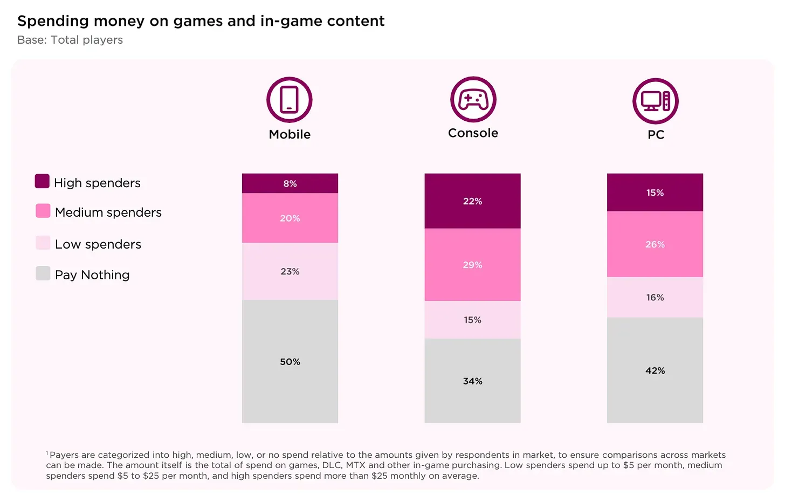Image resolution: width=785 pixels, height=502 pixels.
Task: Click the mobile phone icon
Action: pos(290,100)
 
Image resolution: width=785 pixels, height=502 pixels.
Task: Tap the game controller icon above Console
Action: pos(473,100)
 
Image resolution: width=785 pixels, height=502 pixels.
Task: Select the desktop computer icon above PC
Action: pos(655,101)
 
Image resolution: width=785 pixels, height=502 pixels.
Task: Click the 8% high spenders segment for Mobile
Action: pos(290,183)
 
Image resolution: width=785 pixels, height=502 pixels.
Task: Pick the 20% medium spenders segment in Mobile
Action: pos(290,218)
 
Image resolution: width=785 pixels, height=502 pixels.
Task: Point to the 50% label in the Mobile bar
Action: pos(290,362)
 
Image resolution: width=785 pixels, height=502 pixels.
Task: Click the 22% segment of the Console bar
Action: pos(472,201)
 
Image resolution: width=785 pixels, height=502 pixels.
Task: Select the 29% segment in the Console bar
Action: pos(472,265)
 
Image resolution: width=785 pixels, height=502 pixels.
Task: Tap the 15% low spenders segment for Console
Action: pos(472,320)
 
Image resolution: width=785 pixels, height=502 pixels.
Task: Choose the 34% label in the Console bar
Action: pos(472,381)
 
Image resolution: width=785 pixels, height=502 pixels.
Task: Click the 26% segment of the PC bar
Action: pos(655,244)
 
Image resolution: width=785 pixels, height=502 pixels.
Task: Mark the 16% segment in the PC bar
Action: pos(655,297)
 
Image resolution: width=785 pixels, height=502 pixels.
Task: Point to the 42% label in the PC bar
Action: pos(655,370)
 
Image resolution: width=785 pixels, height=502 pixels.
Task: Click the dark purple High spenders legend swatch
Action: pos(42,181)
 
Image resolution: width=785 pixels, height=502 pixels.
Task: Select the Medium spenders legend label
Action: pos(108,212)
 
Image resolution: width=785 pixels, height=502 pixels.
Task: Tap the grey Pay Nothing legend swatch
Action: pos(43,273)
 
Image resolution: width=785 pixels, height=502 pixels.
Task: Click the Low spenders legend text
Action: pos(98,244)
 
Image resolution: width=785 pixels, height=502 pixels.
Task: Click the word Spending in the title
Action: pos(53,21)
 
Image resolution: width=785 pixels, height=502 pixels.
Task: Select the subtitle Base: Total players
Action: pos(70,40)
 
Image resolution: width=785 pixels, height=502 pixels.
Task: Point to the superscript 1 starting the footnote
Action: pos(47,453)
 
